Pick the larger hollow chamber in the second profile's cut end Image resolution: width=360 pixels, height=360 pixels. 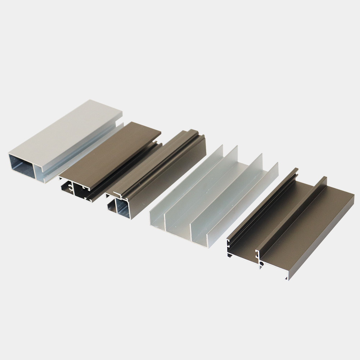[x=80, y=189]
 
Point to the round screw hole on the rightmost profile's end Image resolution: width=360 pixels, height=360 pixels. [x=262, y=264]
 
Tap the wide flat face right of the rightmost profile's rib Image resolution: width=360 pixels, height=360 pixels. [x=310, y=230]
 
